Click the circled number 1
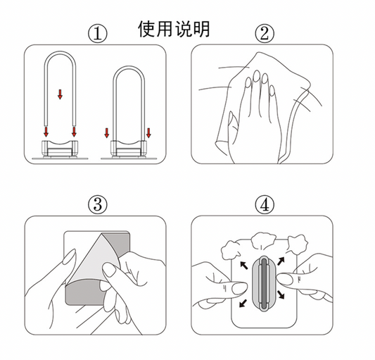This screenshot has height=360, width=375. (x=98, y=34)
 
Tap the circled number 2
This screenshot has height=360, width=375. (x=265, y=34)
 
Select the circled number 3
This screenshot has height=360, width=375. (x=98, y=205)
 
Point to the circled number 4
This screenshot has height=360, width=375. (x=265, y=205)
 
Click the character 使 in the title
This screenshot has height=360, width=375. (x=147, y=29)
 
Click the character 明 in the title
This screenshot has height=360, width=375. (x=201, y=29)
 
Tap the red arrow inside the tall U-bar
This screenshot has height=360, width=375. (x=60, y=94)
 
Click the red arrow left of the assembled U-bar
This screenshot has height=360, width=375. (x=107, y=133)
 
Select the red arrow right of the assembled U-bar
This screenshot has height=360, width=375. (x=148, y=133)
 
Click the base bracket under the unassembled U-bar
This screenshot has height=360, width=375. (x=60, y=149)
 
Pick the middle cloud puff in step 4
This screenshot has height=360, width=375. (x=263, y=240)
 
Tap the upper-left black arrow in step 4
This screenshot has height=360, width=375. (x=244, y=265)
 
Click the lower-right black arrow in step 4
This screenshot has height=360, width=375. (x=281, y=294)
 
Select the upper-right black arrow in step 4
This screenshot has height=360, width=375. (x=281, y=261)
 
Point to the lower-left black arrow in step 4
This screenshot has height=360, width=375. (x=243, y=304)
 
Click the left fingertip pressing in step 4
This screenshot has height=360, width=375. (x=239, y=288)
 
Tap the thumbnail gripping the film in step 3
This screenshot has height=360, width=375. (x=110, y=270)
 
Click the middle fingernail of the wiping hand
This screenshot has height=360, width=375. (x=257, y=75)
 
